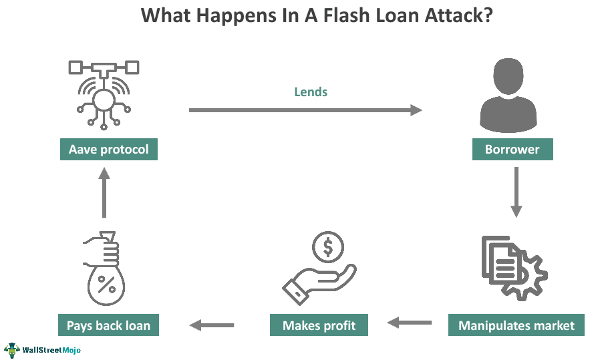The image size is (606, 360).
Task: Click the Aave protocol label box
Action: [x=109, y=149]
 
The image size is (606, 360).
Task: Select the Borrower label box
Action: [x=512, y=149]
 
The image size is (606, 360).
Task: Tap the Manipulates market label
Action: [x=516, y=325]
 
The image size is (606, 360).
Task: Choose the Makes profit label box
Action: [x=319, y=325]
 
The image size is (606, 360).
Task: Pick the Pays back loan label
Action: [x=108, y=325]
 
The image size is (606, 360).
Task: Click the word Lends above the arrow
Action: [x=311, y=92]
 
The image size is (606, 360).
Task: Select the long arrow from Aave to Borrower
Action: [x=305, y=110]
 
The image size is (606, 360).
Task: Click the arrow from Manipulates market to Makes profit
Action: [x=410, y=323]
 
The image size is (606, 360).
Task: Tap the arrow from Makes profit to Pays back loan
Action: [x=212, y=325]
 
